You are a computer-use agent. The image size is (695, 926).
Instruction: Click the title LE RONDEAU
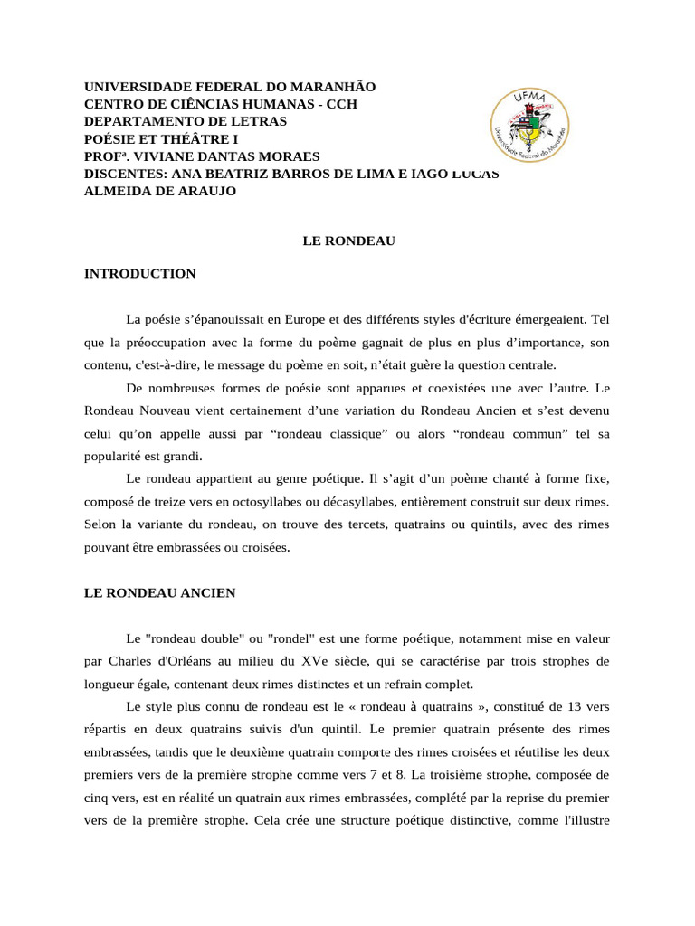(347, 241)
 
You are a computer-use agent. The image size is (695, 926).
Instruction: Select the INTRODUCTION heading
(139, 273)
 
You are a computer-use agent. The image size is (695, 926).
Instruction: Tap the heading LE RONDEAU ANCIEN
(159, 592)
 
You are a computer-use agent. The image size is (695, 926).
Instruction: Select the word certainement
(241, 411)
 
